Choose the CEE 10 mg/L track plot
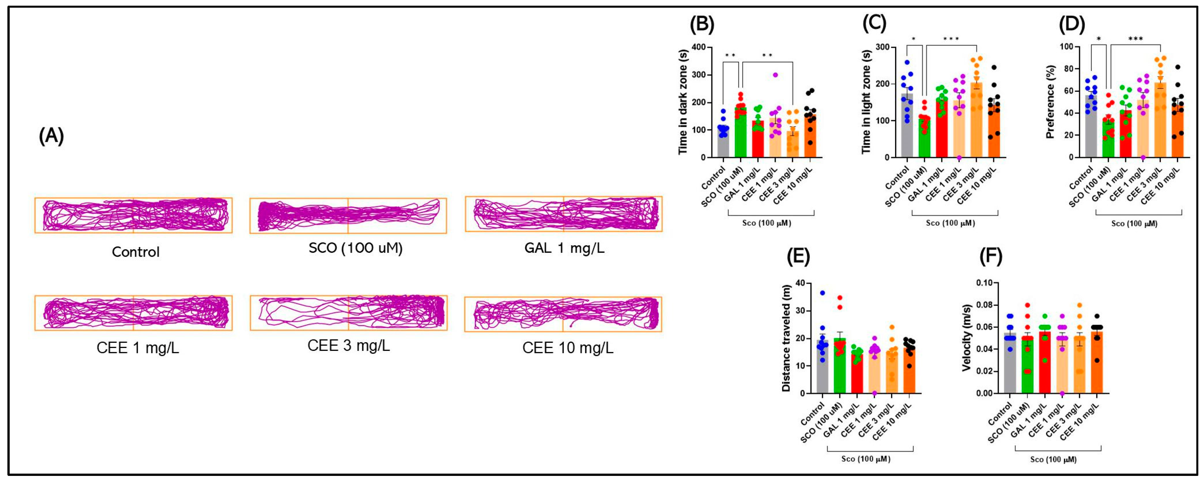(x=563, y=314)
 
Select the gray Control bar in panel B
(x=723, y=145)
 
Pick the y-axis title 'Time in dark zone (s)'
(x=683, y=102)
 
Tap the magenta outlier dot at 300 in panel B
(x=775, y=75)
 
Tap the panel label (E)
(x=798, y=257)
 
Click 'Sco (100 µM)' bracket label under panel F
(x=1054, y=460)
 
